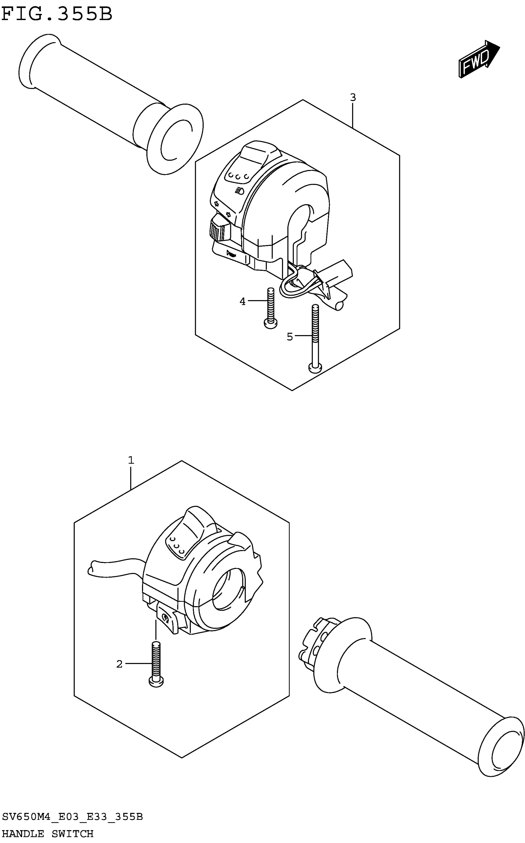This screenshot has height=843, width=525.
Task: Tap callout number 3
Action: [x=353, y=98]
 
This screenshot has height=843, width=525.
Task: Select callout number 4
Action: [x=242, y=302]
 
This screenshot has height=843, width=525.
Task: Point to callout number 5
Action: [x=290, y=337]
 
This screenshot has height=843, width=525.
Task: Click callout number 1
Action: [x=131, y=460]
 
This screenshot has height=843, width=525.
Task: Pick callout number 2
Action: [x=120, y=664]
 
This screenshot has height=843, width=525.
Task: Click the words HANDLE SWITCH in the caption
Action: [x=48, y=833]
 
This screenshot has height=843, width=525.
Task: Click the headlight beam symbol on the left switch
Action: [x=239, y=190]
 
